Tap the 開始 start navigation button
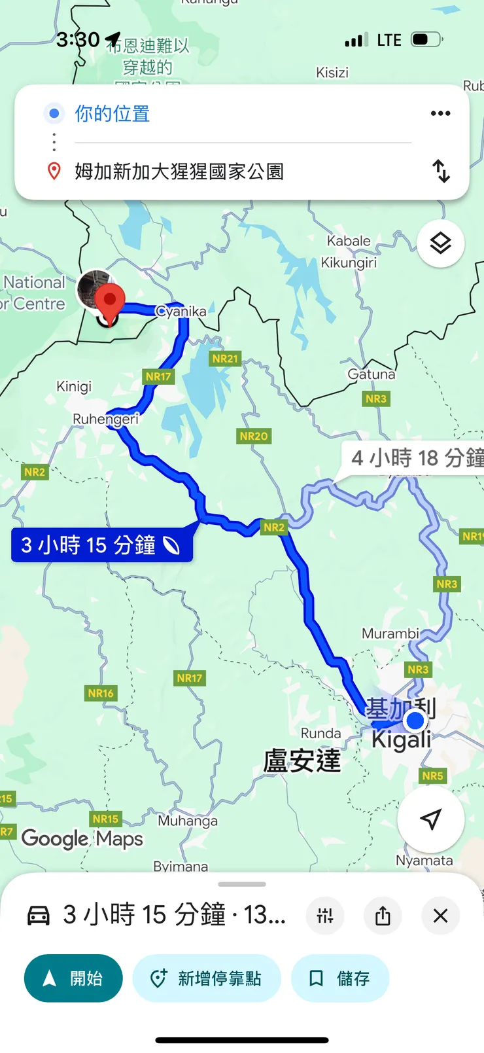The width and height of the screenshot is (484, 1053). [x=73, y=978]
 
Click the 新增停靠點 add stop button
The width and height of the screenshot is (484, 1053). [x=207, y=978]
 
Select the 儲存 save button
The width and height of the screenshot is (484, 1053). [x=340, y=978]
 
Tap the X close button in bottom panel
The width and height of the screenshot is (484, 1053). [x=441, y=916]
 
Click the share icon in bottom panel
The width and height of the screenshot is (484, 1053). [x=383, y=916]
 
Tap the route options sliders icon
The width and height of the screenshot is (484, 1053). [x=325, y=916]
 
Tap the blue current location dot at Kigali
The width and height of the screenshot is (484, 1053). [x=415, y=721]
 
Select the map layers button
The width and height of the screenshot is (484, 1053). [x=441, y=243]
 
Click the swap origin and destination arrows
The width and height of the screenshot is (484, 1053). [x=441, y=171]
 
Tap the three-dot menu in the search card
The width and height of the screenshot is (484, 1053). [x=441, y=113]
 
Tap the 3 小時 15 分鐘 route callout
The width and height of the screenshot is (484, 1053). [x=101, y=545]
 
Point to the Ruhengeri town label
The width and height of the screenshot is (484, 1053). [x=106, y=419]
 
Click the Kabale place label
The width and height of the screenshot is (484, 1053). [x=349, y=241]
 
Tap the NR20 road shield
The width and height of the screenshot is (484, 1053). [x=254, y=436]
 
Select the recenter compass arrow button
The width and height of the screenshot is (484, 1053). [x=430, y=819]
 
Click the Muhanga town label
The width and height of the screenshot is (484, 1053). [x=188, y=821]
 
